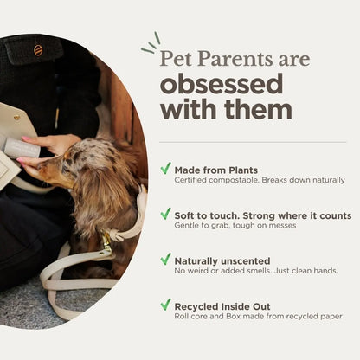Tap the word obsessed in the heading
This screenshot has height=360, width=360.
221,85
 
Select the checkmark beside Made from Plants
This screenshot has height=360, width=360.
165,169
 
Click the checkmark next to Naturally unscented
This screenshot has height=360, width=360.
165,259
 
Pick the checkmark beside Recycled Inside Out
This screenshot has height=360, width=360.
165,305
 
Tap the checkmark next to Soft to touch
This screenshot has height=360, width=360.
165,214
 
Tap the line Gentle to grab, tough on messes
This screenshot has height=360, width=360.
235,225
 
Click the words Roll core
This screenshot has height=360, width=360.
191,316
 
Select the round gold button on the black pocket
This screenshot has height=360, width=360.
38,50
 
